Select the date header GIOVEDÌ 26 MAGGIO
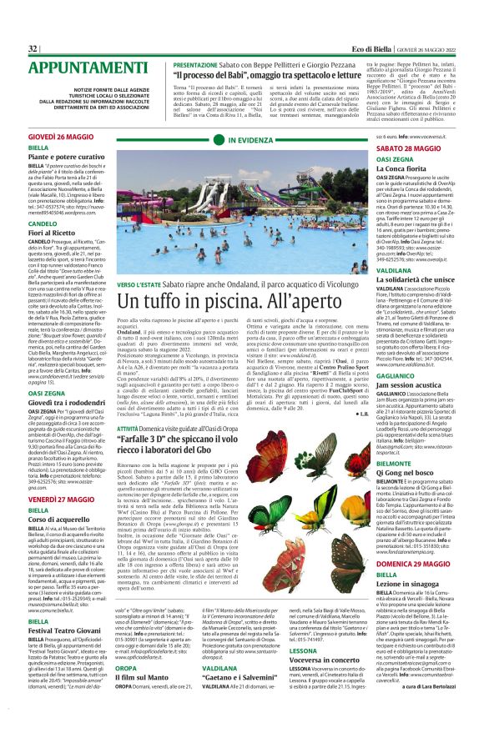[61, 134]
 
